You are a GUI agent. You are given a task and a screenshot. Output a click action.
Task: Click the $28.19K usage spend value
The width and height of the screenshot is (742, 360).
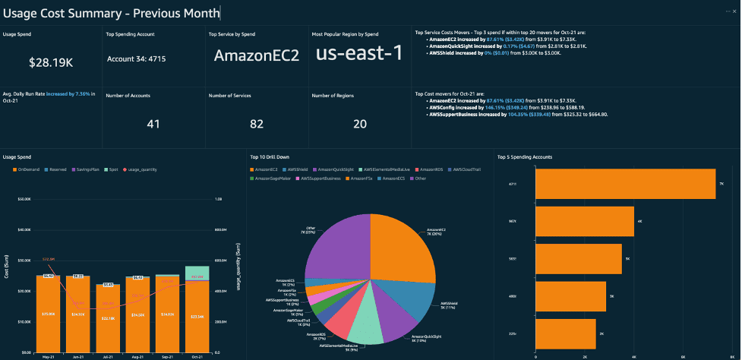pyautogui.click(x=51, y=62)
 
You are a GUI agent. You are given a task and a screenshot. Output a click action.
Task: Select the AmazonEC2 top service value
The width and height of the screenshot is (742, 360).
pyautogui.click(x=256, y=55)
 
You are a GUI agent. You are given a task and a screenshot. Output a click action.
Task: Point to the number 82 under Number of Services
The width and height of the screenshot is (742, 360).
pyautogui.click(x=256, y=123)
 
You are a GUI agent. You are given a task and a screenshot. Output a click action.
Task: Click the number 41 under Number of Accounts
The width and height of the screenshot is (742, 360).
pyautogui.click(x=153, y=123)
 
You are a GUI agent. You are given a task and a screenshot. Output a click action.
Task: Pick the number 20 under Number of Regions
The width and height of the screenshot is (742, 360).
pyautogui.click(x=359, y=123)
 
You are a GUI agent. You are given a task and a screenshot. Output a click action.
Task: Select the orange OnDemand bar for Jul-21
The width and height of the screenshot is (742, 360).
pyautogui.click(x=109, y=319)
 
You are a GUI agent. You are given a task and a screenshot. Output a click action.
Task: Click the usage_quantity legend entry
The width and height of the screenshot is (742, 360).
pyautogui.click(x=142, y=169)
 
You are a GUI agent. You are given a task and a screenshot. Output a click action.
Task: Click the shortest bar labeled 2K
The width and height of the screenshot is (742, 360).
pyautogui.click(x=566, y=333)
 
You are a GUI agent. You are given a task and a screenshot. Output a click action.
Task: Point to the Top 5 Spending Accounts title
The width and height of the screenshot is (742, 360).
pyautogui.click(x=524, y=157)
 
